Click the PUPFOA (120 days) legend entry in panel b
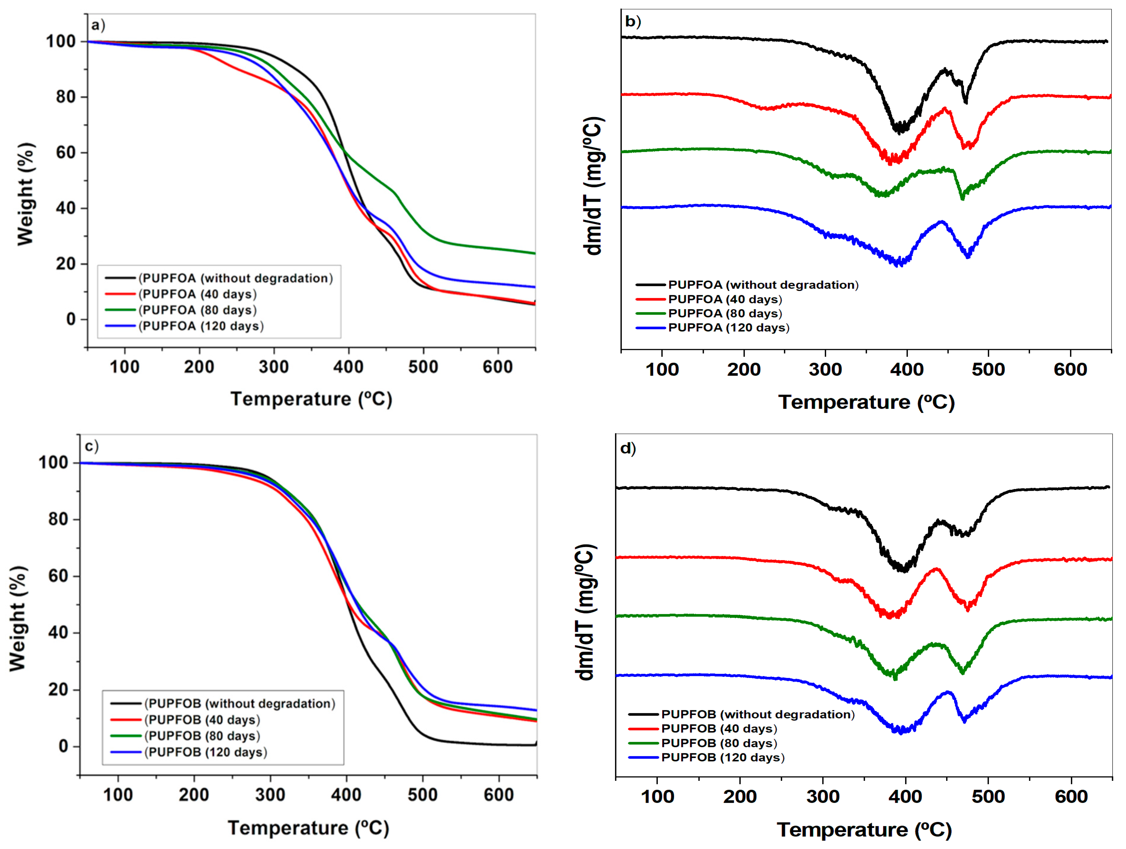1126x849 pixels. pyautogui.click(x=728, y=328)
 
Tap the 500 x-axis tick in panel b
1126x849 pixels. pyautogui.click(x=988, y=370)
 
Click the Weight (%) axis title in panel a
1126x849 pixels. pyautogui.click(x=25, y=194)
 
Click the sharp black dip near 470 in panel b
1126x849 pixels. pyautogui.click(x=966, y=102)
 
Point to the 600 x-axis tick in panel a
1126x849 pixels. pyautogui.click(x=497, y=367)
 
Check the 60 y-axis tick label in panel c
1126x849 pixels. pyautogui.click(x=59, y=576)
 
